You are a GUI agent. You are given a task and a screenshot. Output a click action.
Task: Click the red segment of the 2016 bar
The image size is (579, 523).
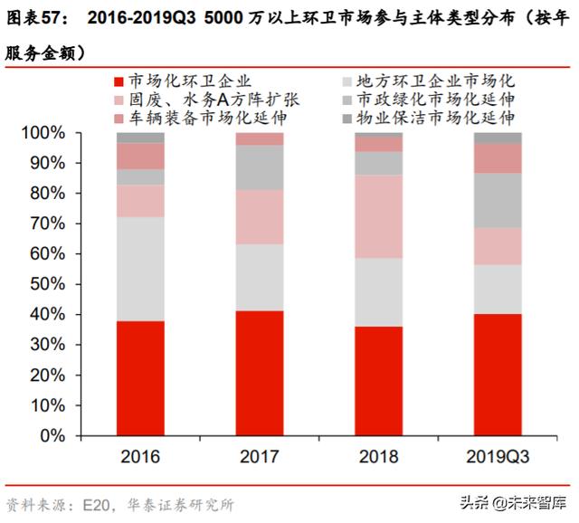click(139, 377)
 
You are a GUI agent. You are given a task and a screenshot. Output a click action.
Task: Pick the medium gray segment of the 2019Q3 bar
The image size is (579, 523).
click(498, 200)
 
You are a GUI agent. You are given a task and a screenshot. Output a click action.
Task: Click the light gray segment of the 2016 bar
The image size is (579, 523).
click(139, 269)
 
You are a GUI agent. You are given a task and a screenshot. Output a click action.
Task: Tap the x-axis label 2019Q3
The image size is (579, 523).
click(498, 456)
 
